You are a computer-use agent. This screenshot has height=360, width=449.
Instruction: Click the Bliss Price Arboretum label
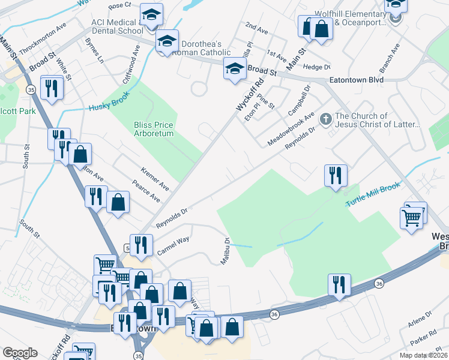point(153,129)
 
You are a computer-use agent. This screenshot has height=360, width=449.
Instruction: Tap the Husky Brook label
point(109,104)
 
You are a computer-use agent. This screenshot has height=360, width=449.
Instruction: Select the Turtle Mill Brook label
point(372,196)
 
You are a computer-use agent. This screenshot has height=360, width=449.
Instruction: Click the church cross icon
point(326,118)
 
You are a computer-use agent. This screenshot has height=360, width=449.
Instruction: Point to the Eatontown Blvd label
point(356,79)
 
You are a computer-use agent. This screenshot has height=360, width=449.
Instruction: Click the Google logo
point(20,352)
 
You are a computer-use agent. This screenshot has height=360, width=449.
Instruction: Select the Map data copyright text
point(424,355)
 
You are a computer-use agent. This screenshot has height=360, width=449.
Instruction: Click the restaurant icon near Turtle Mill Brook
point(336,176)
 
